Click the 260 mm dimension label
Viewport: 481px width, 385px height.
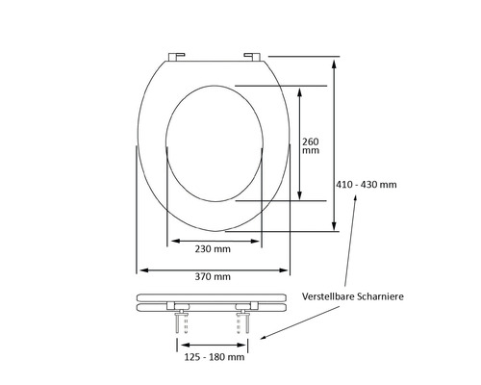pyautogui.click(x=311, y=145)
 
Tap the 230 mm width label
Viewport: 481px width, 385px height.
pyautogui.click(x=213, y=248)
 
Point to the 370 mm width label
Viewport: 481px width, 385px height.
pyautogui.click(x=213, y=277)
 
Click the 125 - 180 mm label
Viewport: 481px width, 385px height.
pyautogui.click(x=213, y=357)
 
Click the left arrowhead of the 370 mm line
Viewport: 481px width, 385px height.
pyautogui.click(x=137, y=268)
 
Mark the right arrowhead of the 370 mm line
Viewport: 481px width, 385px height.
pyautogui.click(x=288, y=268)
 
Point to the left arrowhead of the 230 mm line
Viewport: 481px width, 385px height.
pyautogui.click(x=172, y=240)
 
